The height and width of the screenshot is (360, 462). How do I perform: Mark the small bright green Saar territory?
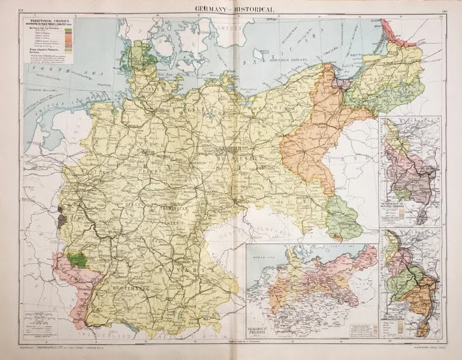pos(76,258)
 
